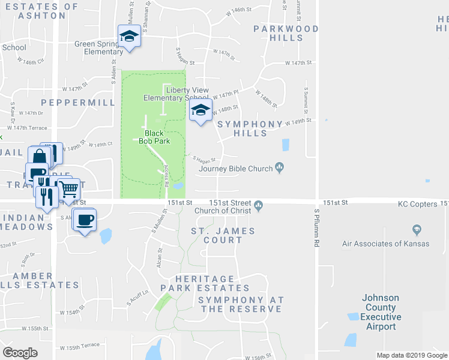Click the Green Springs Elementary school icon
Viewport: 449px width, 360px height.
129,37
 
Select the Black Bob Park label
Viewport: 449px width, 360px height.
154,137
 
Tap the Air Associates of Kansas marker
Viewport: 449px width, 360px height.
417,230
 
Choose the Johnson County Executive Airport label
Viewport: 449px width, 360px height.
381,312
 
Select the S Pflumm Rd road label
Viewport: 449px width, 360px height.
316,227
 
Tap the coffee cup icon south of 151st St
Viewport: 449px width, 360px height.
84,219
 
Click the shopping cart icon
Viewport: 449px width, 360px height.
69,189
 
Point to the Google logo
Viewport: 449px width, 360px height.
20,352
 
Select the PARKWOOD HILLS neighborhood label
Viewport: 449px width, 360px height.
277,33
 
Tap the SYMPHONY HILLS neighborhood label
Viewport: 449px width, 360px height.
250,128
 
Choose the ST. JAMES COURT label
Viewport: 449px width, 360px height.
223,235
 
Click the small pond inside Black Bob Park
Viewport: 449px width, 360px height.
178,187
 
